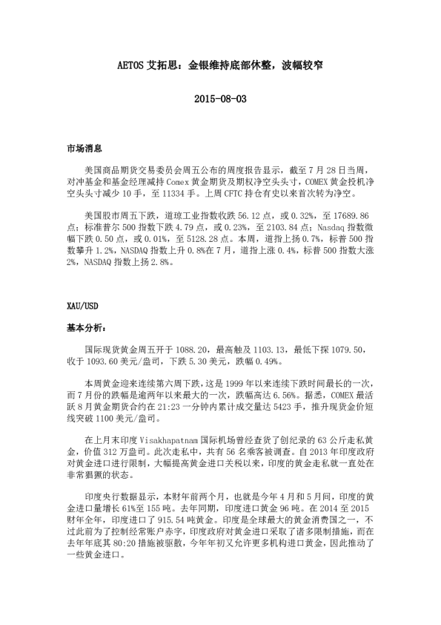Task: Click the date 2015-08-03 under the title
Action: click(220, 99)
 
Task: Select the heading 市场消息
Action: click(84, 149)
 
